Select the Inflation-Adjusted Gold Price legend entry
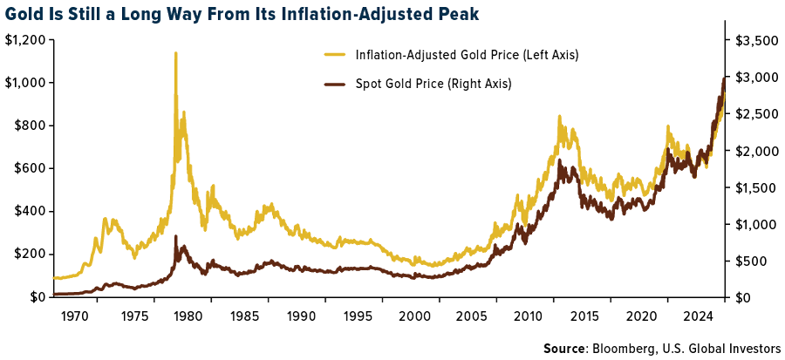coord(467,55)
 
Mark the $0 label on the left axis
coord(37,297)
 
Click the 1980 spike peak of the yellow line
coord(175,53)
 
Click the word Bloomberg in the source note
coord(624,349)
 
